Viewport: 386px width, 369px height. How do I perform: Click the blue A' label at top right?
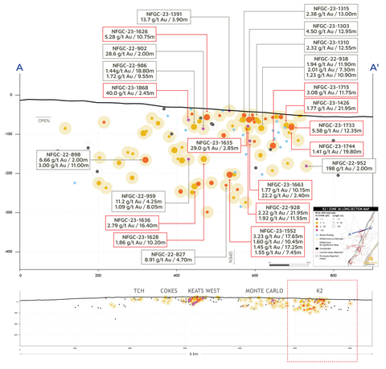(374, 69)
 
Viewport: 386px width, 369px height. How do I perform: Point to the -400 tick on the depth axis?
(10, 252)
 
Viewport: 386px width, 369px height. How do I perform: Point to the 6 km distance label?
(191, 355)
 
